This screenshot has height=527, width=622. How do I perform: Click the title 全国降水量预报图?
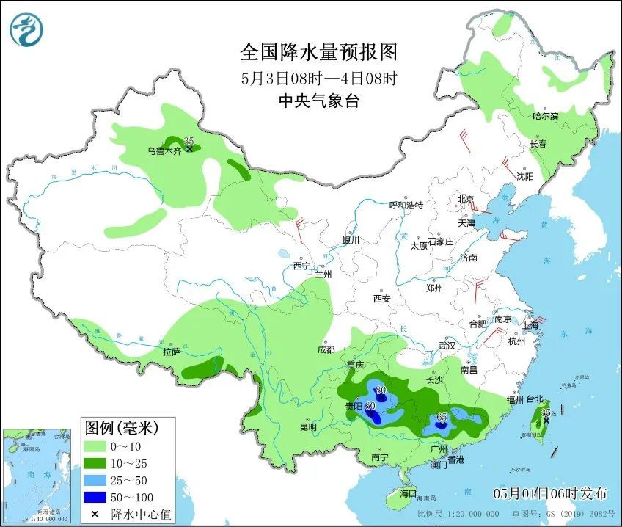(x=319, y=53)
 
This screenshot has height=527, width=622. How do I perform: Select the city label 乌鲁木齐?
(x=163, y=151)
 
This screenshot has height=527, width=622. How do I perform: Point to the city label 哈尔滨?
(x=545, y=116)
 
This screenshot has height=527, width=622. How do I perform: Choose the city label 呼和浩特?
(x=406, y=206)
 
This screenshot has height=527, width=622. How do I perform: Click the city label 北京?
(x=466, y=200)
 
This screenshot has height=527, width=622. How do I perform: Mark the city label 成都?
(x=326, y=349)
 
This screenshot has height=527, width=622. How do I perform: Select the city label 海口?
(x=407, y=493)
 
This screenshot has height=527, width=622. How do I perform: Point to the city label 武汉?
(x=447, y=345)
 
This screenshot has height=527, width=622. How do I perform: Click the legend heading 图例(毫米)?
(x=120, y=426)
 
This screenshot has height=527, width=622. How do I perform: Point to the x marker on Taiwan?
(x=546, y=421)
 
